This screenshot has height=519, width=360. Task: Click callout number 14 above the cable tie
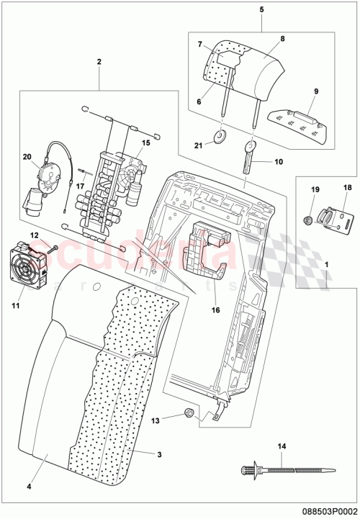(x=282, y=447)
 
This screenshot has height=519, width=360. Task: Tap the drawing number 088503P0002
(x=327, y=507)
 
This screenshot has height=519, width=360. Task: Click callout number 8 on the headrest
(x=282, y=37)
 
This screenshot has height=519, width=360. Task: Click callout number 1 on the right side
(x=327, y=264)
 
